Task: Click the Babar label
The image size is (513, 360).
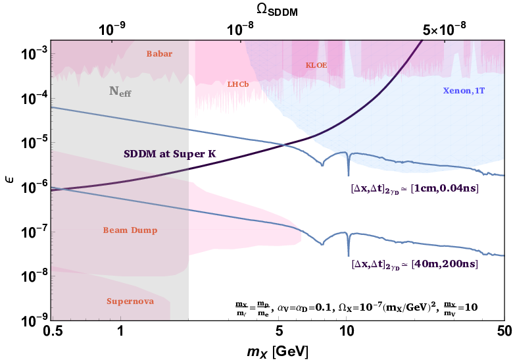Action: (x=159, y=54)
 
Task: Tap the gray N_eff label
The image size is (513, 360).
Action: (x=120, y=91)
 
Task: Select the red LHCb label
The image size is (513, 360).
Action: (x=237, y=84)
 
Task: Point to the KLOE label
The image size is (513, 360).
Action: (x=316, y=65)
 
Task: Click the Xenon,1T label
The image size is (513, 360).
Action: (x=464, y=90)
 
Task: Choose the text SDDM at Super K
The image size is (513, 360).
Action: (x=170, y=154)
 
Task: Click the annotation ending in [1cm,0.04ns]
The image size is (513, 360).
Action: (x=414, y=189)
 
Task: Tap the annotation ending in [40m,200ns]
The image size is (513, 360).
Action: (x=414, y=264)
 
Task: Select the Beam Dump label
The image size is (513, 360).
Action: (x=130, y=230)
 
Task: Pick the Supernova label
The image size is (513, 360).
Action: (x=130, y=301)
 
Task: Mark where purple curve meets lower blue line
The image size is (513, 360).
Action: (x=54, y=189)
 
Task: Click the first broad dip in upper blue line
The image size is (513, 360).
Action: (x=322, y=165)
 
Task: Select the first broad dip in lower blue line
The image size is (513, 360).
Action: (x=322, y=244)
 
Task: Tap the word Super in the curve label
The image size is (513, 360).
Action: (x=191, y=154)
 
